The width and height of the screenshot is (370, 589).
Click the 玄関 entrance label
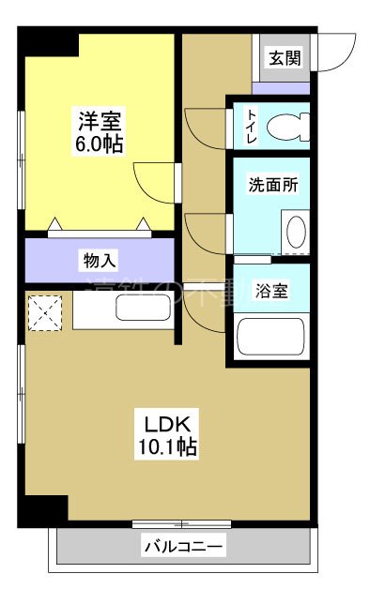285,57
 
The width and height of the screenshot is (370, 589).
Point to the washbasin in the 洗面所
294,232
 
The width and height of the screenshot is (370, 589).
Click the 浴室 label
272,290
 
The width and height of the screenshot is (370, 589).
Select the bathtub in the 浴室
270,338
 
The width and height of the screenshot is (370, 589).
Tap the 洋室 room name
100,122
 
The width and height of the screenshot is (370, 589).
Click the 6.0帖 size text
100,145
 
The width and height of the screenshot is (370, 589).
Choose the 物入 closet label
99,257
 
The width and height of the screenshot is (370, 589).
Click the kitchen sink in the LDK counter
142,308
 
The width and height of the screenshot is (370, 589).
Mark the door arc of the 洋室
148,178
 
